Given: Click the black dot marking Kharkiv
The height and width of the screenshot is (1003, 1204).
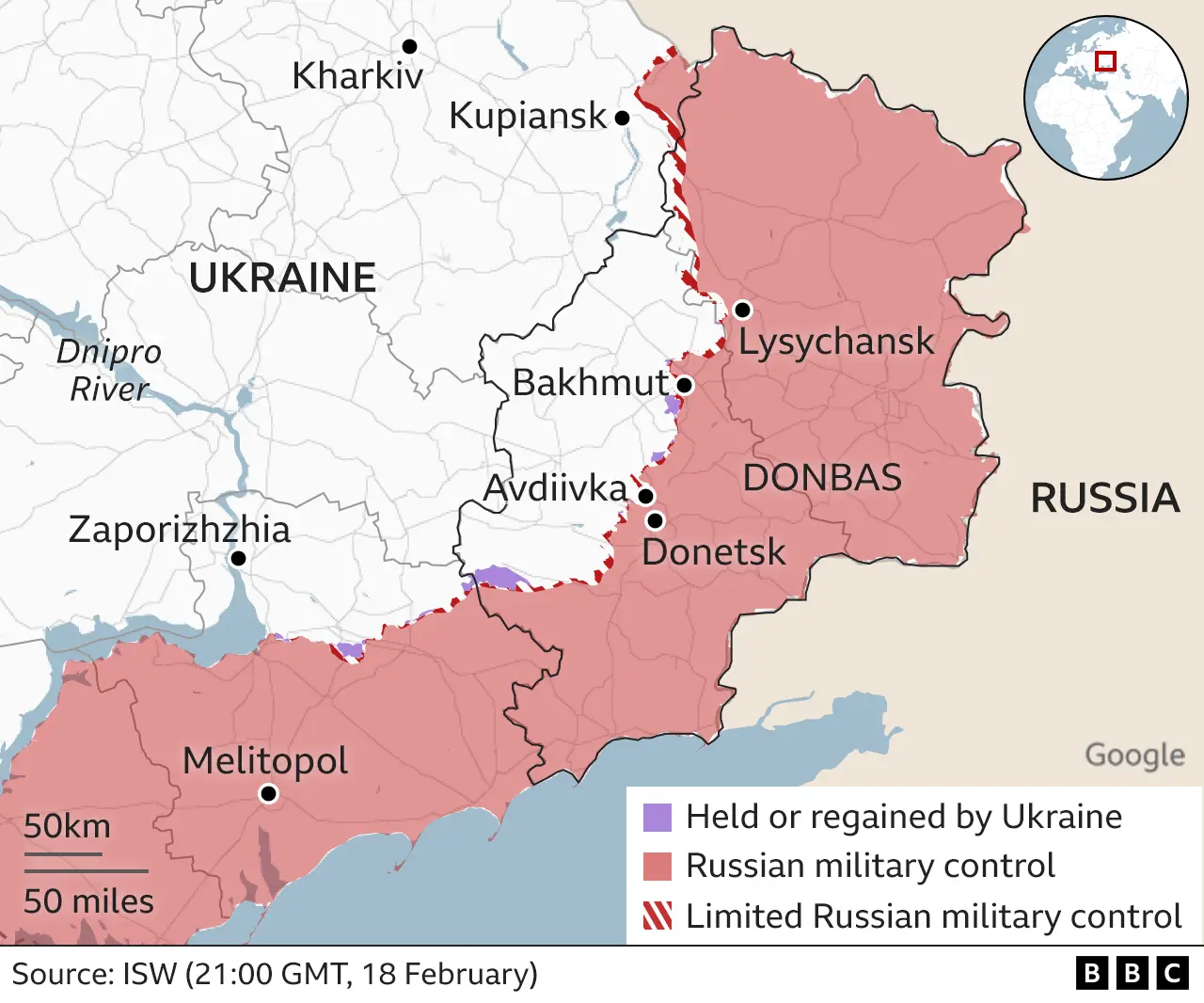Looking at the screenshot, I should point(409,46).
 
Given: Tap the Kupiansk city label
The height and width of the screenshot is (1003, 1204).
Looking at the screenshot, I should point(528,116).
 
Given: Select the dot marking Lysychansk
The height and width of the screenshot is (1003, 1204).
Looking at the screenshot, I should point(742,310).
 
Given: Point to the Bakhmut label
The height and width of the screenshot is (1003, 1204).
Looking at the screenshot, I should point(590,383).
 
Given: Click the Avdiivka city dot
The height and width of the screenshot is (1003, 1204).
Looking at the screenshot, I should point(645,496).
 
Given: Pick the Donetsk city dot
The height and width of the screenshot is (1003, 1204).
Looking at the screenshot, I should point(656,520).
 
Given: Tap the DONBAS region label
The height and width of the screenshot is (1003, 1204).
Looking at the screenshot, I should point(822,478).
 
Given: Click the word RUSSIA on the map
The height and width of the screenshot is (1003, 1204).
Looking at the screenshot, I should point(1105,498).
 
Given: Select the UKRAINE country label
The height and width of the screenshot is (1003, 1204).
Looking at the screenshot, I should point(282,279).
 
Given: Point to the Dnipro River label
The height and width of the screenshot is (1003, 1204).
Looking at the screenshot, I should point(109,370).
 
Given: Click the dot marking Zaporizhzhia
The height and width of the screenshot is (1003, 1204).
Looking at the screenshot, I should point(239,559).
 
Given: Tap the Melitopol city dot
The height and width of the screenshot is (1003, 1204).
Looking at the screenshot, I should point(268,794).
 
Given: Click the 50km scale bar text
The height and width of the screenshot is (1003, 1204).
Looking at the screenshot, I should point(67,826).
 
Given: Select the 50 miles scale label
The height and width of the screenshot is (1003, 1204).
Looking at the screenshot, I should point(88,900).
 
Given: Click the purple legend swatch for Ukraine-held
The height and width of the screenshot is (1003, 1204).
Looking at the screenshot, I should point(657,817).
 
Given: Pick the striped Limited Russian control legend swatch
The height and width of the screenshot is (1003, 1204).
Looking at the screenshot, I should point(657,915).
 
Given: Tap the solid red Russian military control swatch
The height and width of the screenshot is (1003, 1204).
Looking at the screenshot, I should point(657,866).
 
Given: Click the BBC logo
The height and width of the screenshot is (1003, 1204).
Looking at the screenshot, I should point(1132,973).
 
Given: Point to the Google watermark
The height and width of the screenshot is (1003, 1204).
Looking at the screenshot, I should point(1134,755).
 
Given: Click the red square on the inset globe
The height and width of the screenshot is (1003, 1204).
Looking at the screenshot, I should point(1106,61).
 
